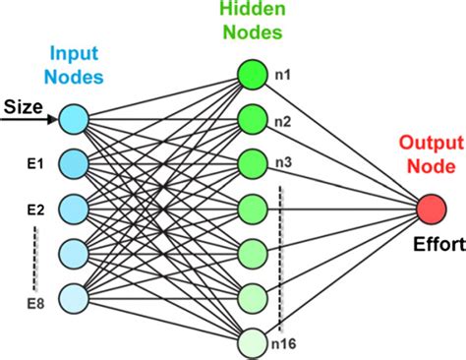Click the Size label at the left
coord(22,104)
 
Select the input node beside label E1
coord(73,163)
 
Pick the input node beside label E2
coord(73,208)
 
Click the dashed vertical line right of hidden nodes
coord(283,256)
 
